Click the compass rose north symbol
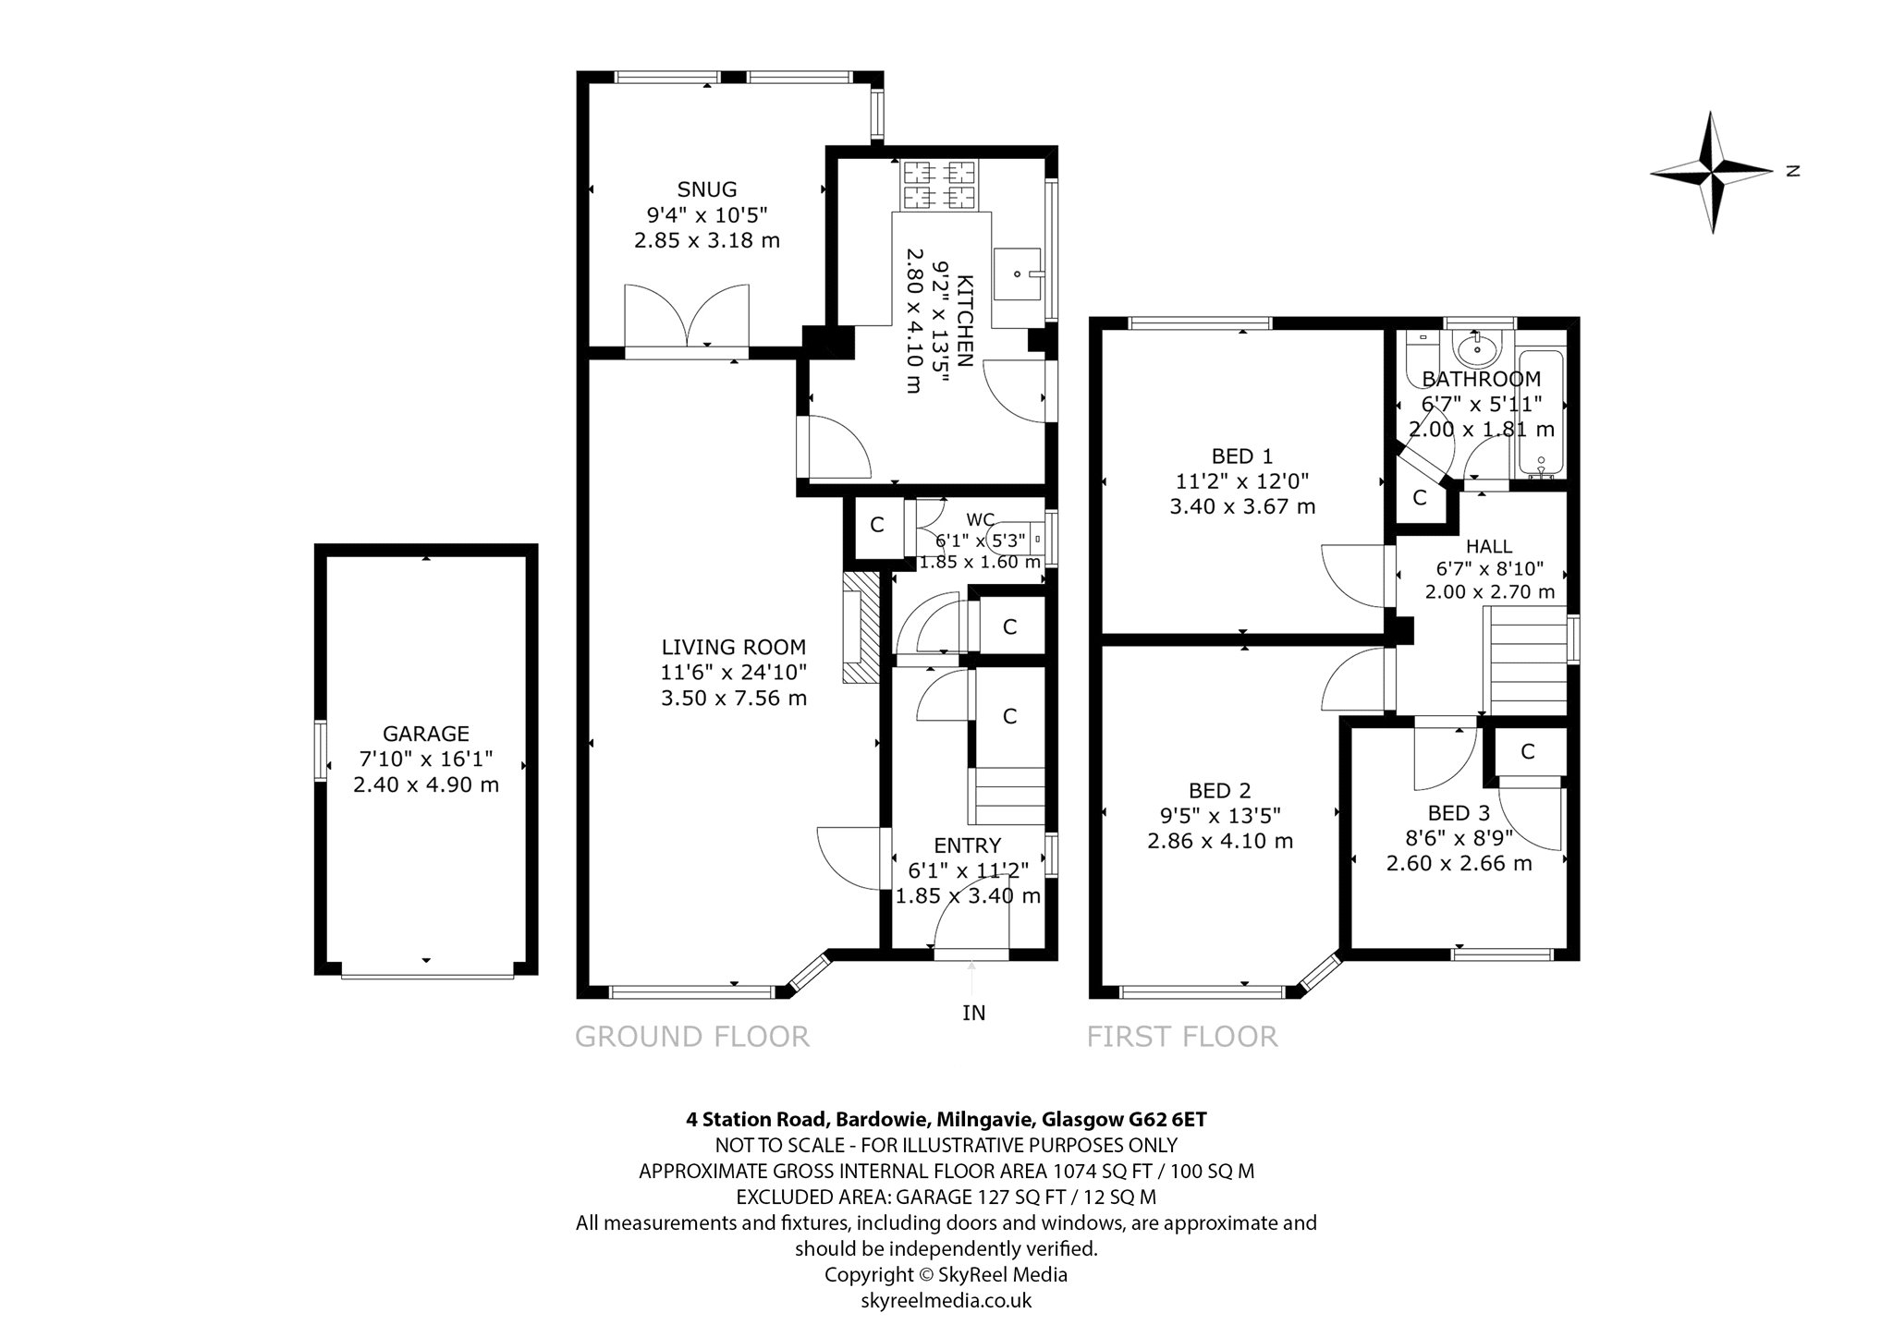pyautogui.click(x=1712, y=172)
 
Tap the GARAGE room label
pyautogui.click(x=426, y=734)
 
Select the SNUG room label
pyautogui.click(x=707, y=189)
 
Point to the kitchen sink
pyautogui.click(x=1020, y=274)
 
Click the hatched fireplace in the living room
pyautogui.click(x=859, y=627)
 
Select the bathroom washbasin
pyautogui.click(x=1477, y=347)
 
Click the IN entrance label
pyautogui.click(x=974, y=1013)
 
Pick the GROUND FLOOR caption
pyautogui.click(x=692, y=1037)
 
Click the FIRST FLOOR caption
pyautogui.click(x=1182, y=1037)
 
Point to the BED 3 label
pyautogui.click(x=1459, y=813)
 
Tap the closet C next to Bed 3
pyautogui.click(x=1527, y=752)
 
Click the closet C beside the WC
pyautogui.click(x=877, y=525)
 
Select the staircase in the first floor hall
pyautogui.click(x=1524, y=661)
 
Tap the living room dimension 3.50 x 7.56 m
pyautogui.click(x=734, y=698)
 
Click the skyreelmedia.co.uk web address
pyautogui.click(x=946, y=1301)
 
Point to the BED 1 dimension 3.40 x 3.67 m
pyautogui.click(x=1242, y=506)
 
